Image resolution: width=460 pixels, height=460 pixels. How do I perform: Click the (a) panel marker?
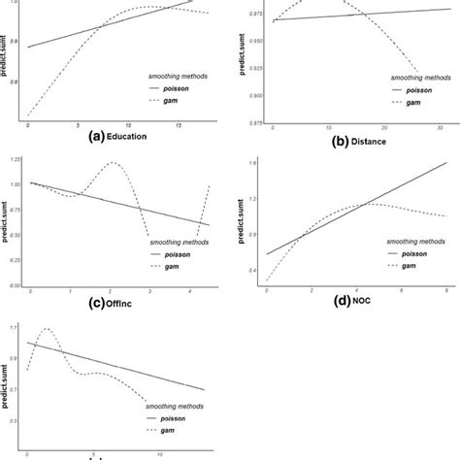coord(95,137)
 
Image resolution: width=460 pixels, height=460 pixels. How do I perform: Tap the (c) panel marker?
coord(97,302)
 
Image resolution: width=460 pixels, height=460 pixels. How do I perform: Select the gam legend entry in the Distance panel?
coord(412,102)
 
